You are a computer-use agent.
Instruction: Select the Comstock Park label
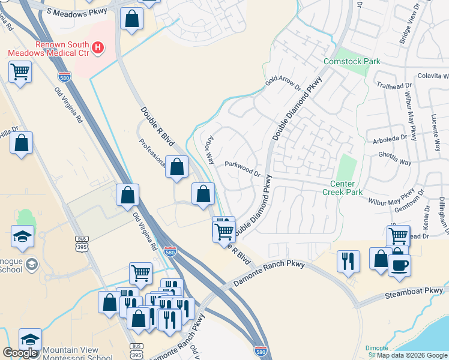[x=352, y=61]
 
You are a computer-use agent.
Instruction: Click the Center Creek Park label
[x=342, y=188]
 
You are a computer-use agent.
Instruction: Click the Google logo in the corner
[x=20, y=353]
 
